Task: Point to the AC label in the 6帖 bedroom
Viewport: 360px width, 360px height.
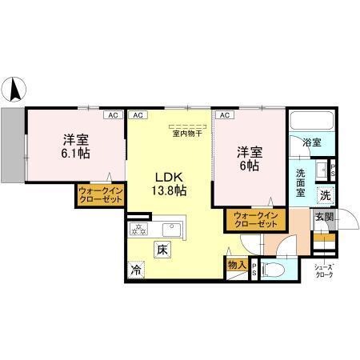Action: (225, 115)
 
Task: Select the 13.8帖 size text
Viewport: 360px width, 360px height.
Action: (170, 191)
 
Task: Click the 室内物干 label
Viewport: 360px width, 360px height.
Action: (187, 134)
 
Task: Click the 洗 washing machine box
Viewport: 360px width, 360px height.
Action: (326, 195)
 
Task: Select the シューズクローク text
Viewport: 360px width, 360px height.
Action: (323, 271)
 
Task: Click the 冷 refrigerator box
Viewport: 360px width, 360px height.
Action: (136, 270)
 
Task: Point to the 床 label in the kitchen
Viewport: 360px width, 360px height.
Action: (162, 249)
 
